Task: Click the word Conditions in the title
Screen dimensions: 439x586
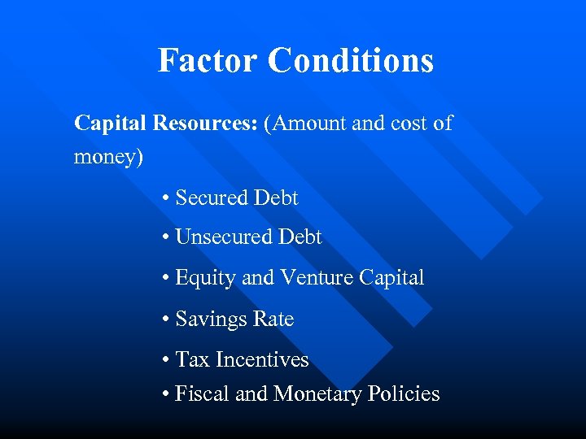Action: pos(351,60)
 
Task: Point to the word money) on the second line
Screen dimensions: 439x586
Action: pos(108,156)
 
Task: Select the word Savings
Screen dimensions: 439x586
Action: pos(208,319)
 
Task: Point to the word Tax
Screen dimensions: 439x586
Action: pos(193,359)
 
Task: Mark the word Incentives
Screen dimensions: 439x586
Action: pos(262,359)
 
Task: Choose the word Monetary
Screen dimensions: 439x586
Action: pos(318,394)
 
